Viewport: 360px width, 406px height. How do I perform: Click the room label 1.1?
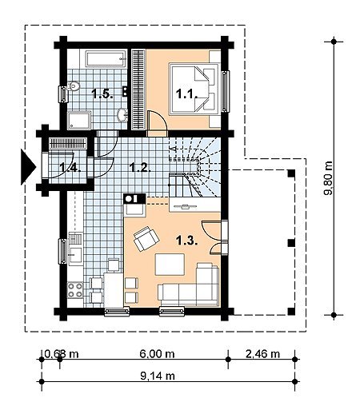point(186,94)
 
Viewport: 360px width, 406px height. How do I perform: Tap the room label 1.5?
point(102,94)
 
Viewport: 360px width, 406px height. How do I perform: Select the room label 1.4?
point(70,168)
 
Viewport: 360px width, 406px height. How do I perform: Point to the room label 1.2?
point(140,168)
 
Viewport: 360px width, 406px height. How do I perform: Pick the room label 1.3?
point(186,241)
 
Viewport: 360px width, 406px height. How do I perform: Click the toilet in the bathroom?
point(74,86)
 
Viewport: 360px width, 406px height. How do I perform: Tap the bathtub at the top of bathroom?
point(106,59)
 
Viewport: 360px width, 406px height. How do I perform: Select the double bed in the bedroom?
point(194,89)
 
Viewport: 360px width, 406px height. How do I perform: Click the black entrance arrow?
point(28,167)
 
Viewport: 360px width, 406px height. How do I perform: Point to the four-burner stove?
point(75,290)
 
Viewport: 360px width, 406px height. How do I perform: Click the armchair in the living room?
point(146,239)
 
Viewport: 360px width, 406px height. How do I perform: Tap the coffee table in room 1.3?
point(170,265)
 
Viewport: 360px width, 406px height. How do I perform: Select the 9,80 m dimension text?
point(329,178)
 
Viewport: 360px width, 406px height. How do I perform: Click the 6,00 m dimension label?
point(157,354)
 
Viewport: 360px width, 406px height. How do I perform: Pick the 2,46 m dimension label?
point(262,354)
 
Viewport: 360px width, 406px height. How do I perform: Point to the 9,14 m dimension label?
point(158,376)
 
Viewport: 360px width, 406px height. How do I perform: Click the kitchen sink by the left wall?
point(75,255)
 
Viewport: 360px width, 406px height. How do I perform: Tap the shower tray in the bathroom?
point(79,120)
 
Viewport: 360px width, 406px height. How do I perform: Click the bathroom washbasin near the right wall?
point(122,115)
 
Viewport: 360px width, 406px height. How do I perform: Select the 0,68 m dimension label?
point(62,354)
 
